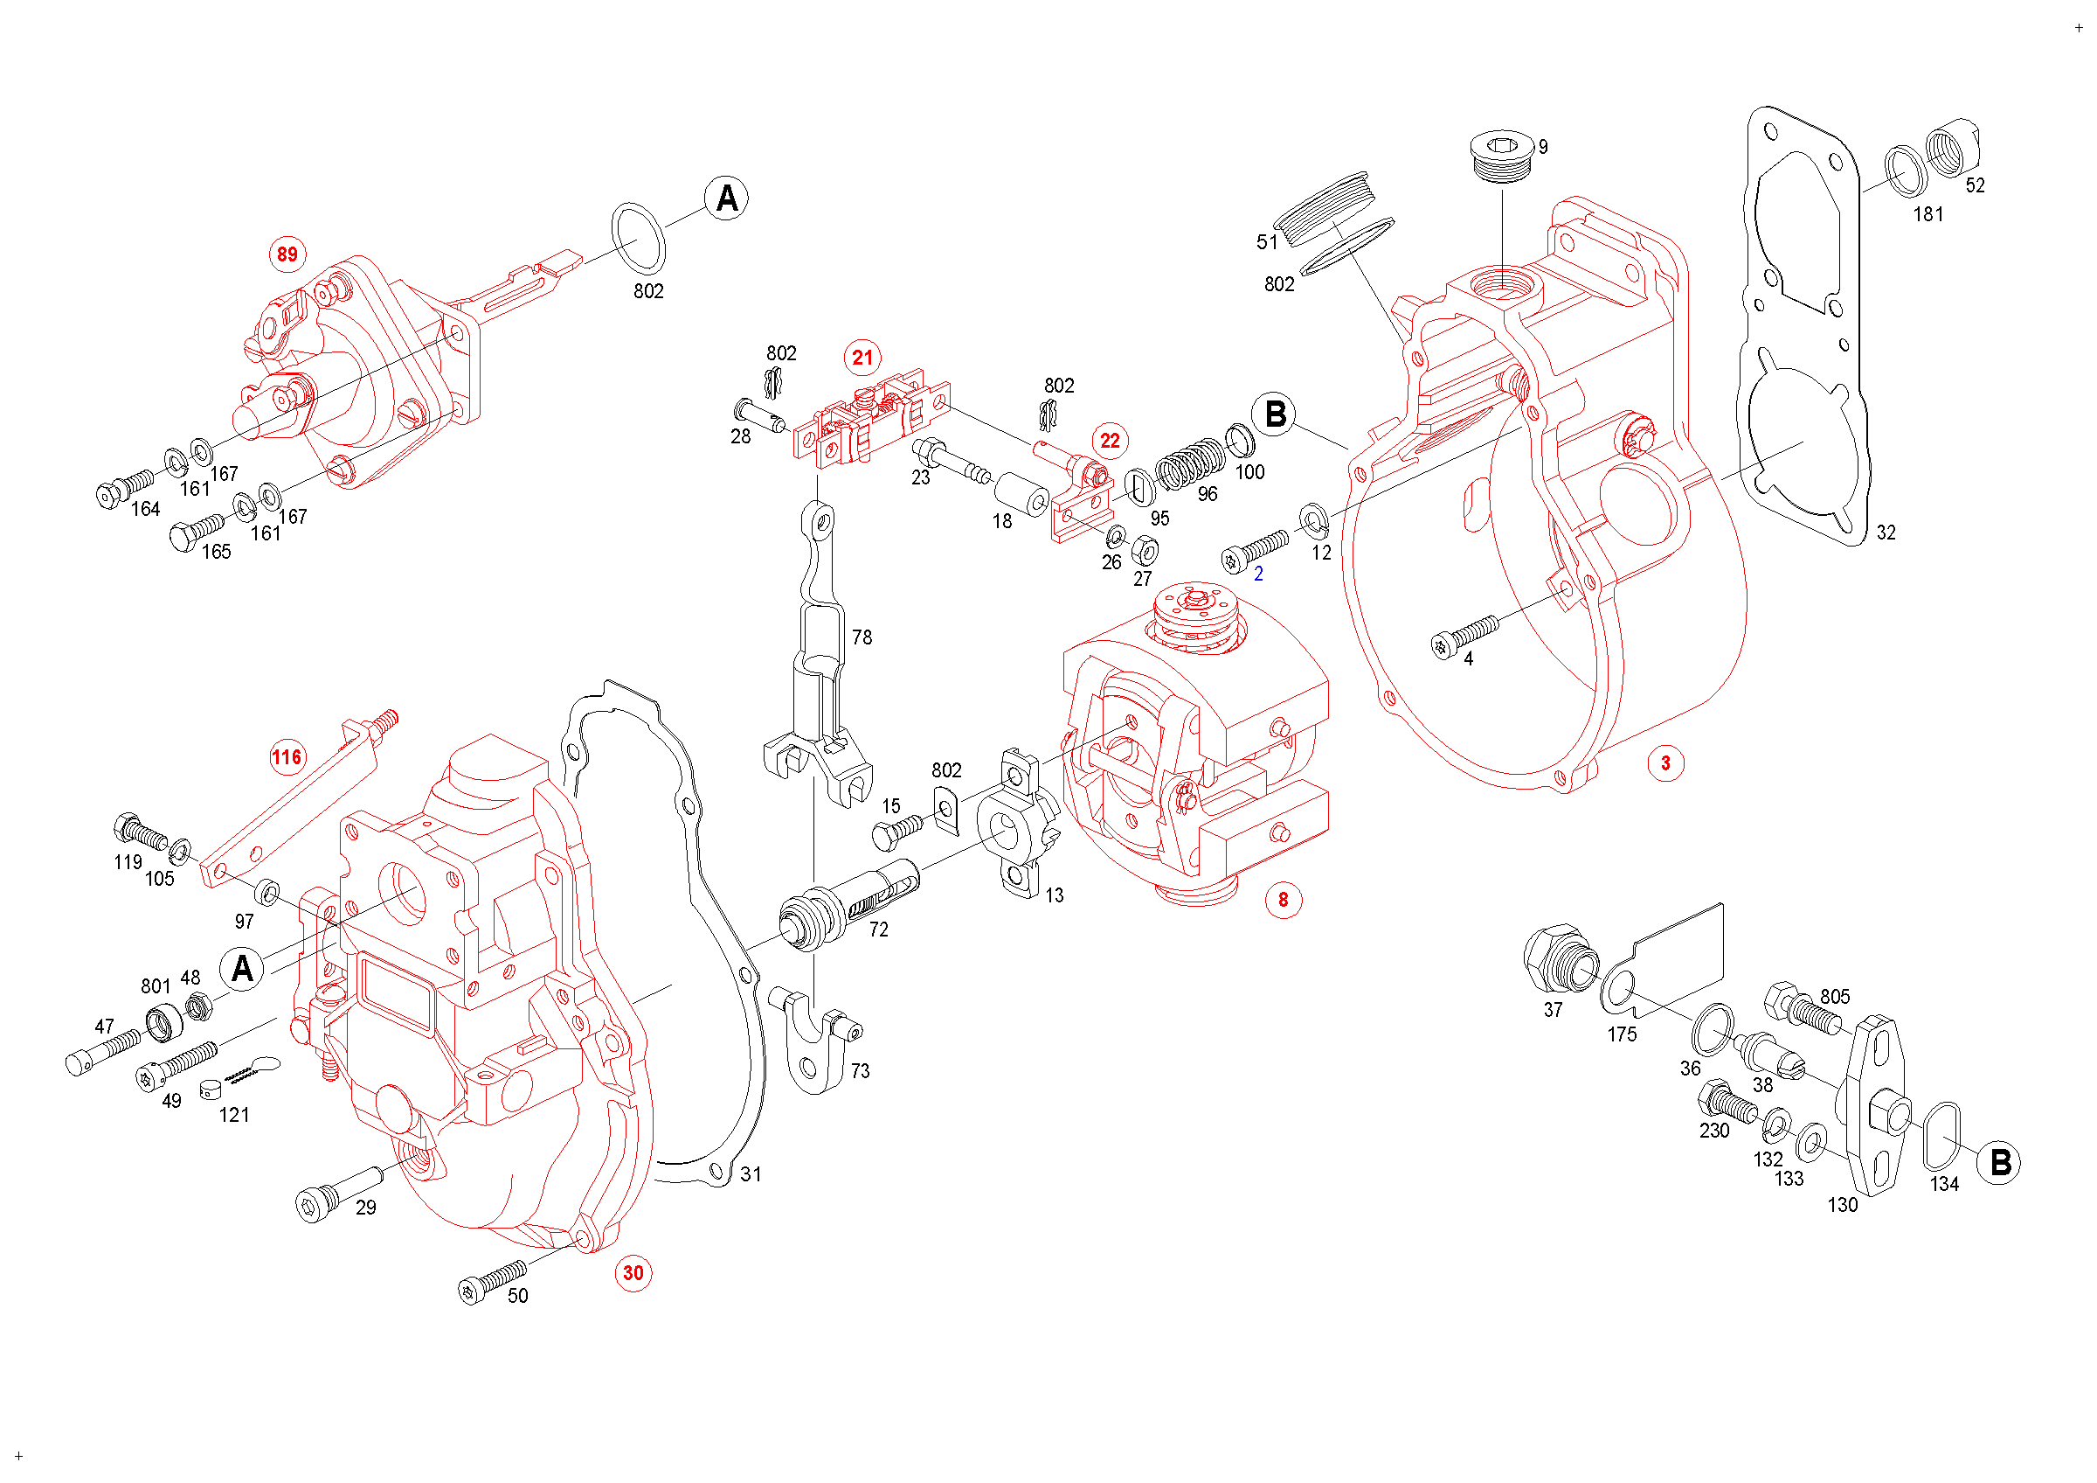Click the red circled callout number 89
287,254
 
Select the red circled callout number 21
863,358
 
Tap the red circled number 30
633,1273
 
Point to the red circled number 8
1284,900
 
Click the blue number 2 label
1258,574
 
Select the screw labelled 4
1465,634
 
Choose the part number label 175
1622,1034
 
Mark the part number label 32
1886,533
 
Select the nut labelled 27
1145,551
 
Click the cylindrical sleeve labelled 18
1021,493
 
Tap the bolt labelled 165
196,531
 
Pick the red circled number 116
287,757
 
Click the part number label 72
879,930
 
